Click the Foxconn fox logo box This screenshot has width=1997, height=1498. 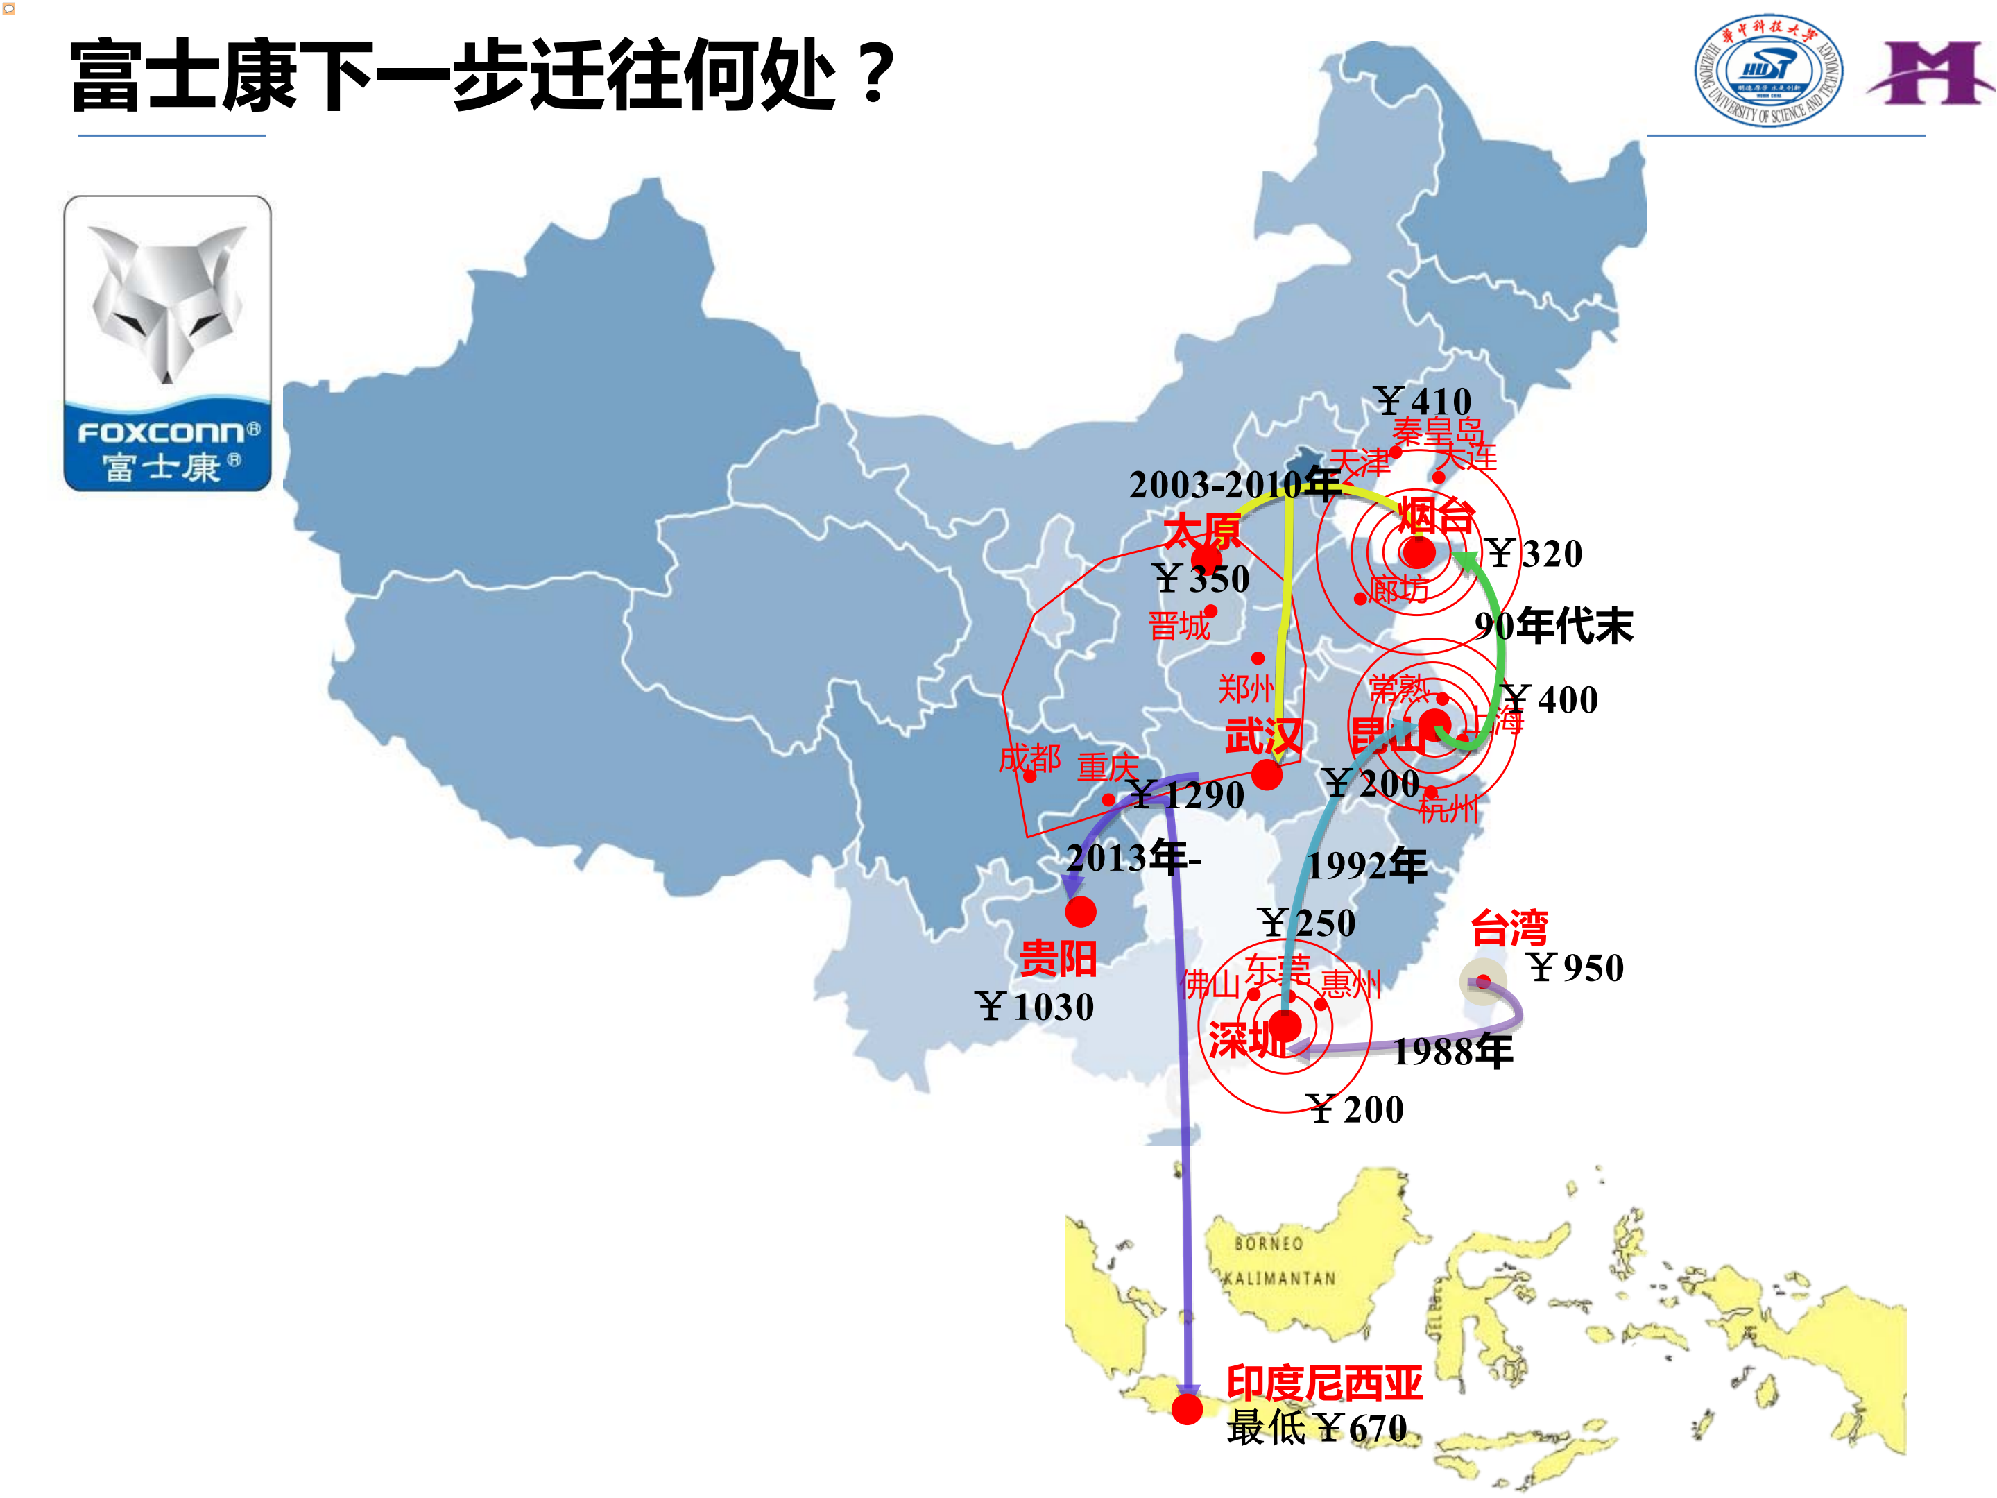click(167, 343)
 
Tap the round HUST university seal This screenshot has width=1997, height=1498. click(1767, 71)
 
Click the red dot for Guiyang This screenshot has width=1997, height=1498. click(1080, 911)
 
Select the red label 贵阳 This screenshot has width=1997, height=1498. click(1057, 958)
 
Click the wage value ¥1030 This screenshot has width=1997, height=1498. click(1035, 1007)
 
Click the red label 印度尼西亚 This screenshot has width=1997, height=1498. click(1323, 1382)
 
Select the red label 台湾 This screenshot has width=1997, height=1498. click(1509, 928)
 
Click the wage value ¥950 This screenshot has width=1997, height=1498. click(1575, 968)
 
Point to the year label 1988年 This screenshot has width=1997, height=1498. click(1452, 1052)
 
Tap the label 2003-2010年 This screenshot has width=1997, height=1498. click(1233, 485)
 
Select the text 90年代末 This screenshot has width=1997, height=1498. click(1553, 626)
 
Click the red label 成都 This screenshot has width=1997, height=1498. click(1029, 758)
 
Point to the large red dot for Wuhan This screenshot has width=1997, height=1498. click(1266, 774)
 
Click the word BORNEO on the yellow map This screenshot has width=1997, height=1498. click(1269, 1243)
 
